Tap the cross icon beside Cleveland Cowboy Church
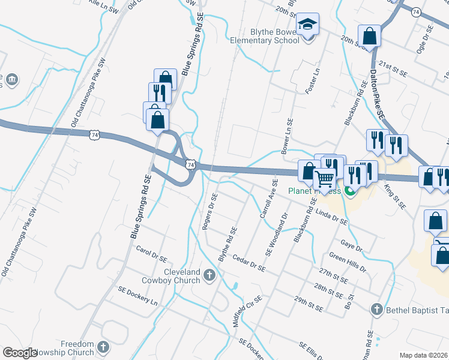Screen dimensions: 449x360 [x=209, y=275]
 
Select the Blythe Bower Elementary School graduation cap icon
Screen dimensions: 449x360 [x=308, y=25]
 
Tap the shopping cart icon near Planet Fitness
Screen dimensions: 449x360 [x=324, y=178]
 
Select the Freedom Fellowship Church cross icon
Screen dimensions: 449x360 [x=103, y=347]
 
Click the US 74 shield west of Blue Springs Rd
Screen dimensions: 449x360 [x=94, y=136]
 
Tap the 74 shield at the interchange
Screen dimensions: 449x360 [x=190, y=164]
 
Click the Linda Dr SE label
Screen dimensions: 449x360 [x=331, y=217]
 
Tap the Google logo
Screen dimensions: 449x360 [x=20, y=353]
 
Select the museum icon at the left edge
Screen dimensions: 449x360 [x=11, y=80]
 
